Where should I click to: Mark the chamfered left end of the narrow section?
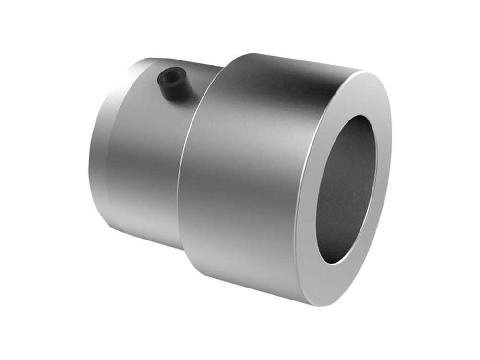click(x=98, y=158)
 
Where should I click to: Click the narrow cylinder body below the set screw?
click(x=144, y=158)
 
